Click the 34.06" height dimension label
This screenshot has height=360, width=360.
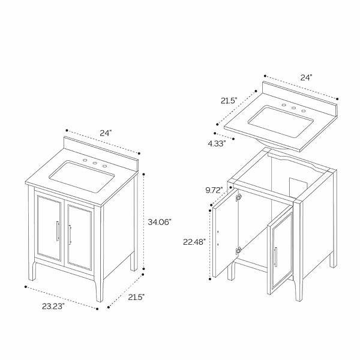(x=160, y=222)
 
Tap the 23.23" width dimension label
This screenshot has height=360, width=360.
(x=53, y=306)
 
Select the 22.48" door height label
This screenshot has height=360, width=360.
(x=194, y=242)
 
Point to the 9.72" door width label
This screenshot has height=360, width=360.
(x=214, y=190)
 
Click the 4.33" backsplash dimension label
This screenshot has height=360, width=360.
(x=217, y=143)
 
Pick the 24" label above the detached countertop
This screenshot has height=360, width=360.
(x=307, y=77)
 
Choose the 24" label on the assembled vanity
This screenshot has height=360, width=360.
(x=106, y=133)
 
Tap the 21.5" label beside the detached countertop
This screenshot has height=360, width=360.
(x=229, y=101)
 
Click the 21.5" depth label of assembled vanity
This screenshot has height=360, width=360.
(x=136, y=297)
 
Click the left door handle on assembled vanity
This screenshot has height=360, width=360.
(x=58, y=231)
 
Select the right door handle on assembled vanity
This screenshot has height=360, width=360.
(x=70, y=235)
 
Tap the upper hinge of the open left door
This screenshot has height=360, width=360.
(x=239, y=197)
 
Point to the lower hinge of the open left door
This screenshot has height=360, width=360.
(x=238, y=250)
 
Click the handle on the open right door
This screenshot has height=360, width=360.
(x=275, y=257)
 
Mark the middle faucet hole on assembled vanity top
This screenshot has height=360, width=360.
(x=95, y=163)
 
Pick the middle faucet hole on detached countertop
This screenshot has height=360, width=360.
(x=293, y=108)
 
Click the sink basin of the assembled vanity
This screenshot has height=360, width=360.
(x=82, y=177)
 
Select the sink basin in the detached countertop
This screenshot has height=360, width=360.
(x=281, y=122)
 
